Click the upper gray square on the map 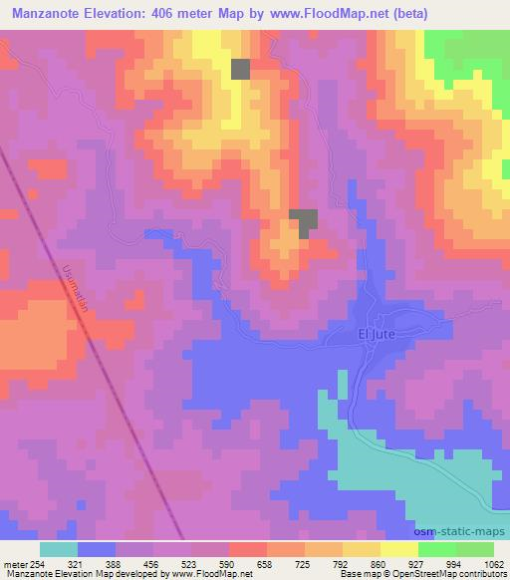click(241, 68)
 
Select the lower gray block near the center click(304, 221)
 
